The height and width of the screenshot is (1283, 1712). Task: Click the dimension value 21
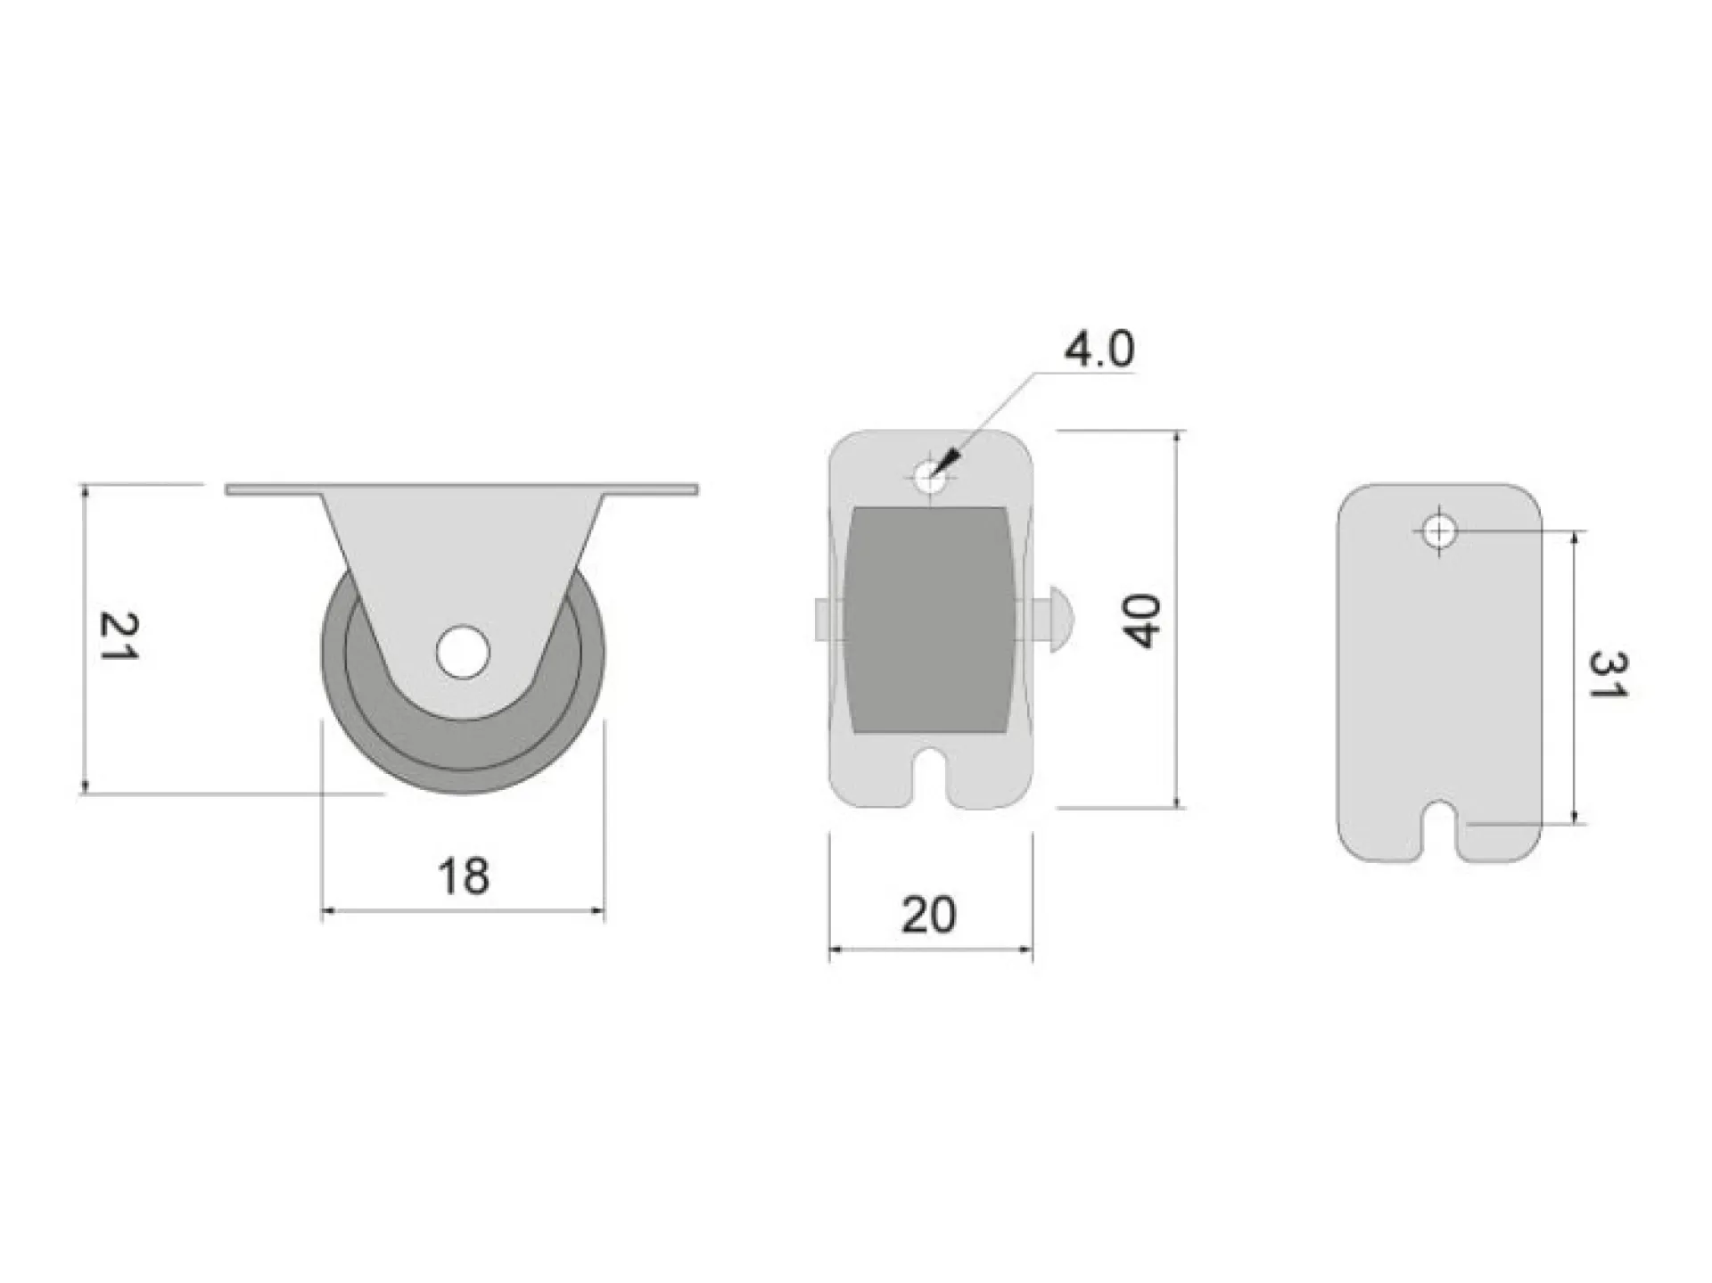pos(118,635)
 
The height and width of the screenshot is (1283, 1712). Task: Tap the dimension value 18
pos(464,876)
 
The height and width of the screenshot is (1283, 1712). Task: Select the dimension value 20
pos(929,915)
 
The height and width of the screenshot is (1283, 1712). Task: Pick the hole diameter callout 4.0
pos(1099,349)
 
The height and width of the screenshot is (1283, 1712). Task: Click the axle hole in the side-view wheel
pos(463,652)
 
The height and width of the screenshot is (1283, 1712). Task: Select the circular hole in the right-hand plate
pos(1437,533)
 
